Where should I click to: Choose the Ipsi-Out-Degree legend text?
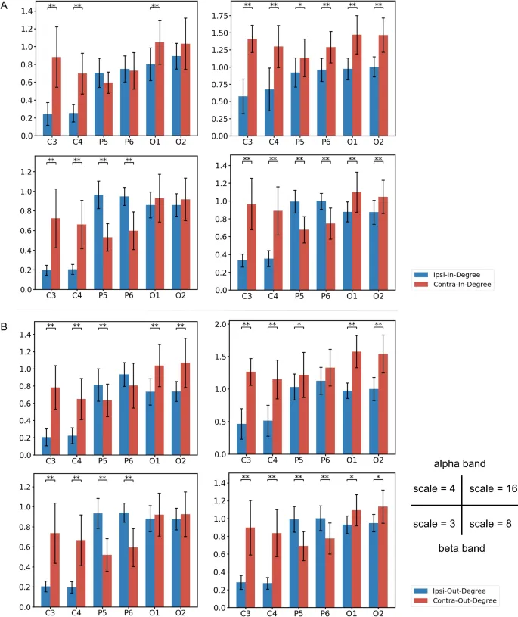[x=458, y=589]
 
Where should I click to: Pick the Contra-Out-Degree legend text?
[x=463, y=600]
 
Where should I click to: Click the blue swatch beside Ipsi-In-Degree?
[x=421, y=274]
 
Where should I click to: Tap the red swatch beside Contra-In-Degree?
[x=421, y=285]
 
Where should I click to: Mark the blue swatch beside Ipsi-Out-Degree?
[x=421, y=589]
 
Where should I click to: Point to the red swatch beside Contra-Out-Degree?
[x=421, y=600]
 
